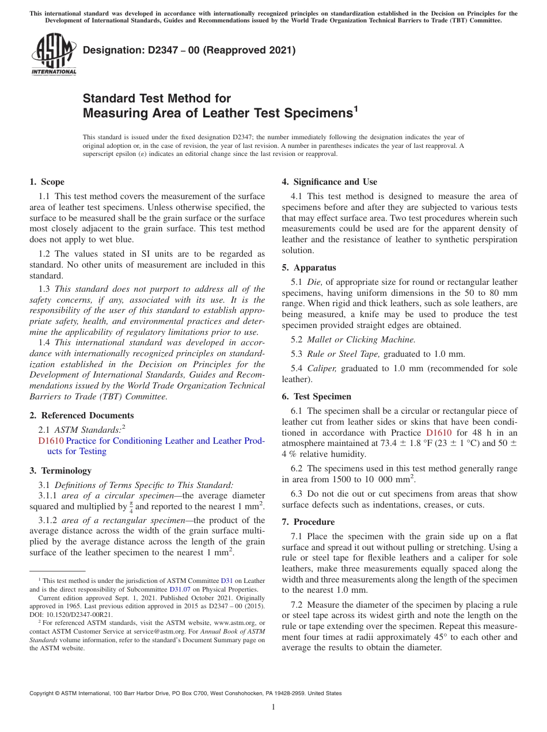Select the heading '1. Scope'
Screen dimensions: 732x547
tap(47, 182)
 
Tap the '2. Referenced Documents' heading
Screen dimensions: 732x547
tap(81, 415)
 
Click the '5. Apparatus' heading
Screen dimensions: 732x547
tap(309, 268)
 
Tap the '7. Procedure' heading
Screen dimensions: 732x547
tap(308, 522)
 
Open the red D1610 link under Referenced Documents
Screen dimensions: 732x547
tap(51, 441)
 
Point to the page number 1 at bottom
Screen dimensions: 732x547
tap(273, 707)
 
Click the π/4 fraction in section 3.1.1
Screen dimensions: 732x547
tap(131, 507)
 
